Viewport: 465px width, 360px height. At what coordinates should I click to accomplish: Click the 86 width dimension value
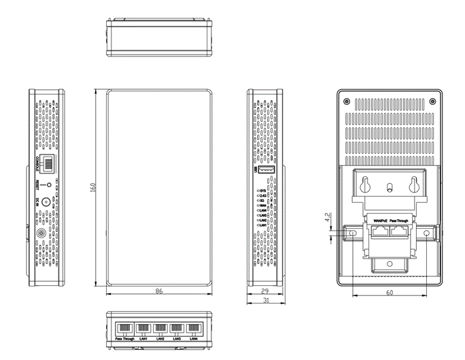coord(158,291)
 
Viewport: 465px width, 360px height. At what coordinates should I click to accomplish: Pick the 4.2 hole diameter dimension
coord(328,219)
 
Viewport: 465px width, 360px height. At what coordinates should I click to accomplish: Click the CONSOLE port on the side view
coord(49,163)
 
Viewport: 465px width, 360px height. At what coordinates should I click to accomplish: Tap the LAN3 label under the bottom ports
coord(177,338)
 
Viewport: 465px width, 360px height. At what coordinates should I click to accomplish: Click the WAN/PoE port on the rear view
coord(378,229)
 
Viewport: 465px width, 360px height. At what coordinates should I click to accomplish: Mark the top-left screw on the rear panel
coord(347,101)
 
